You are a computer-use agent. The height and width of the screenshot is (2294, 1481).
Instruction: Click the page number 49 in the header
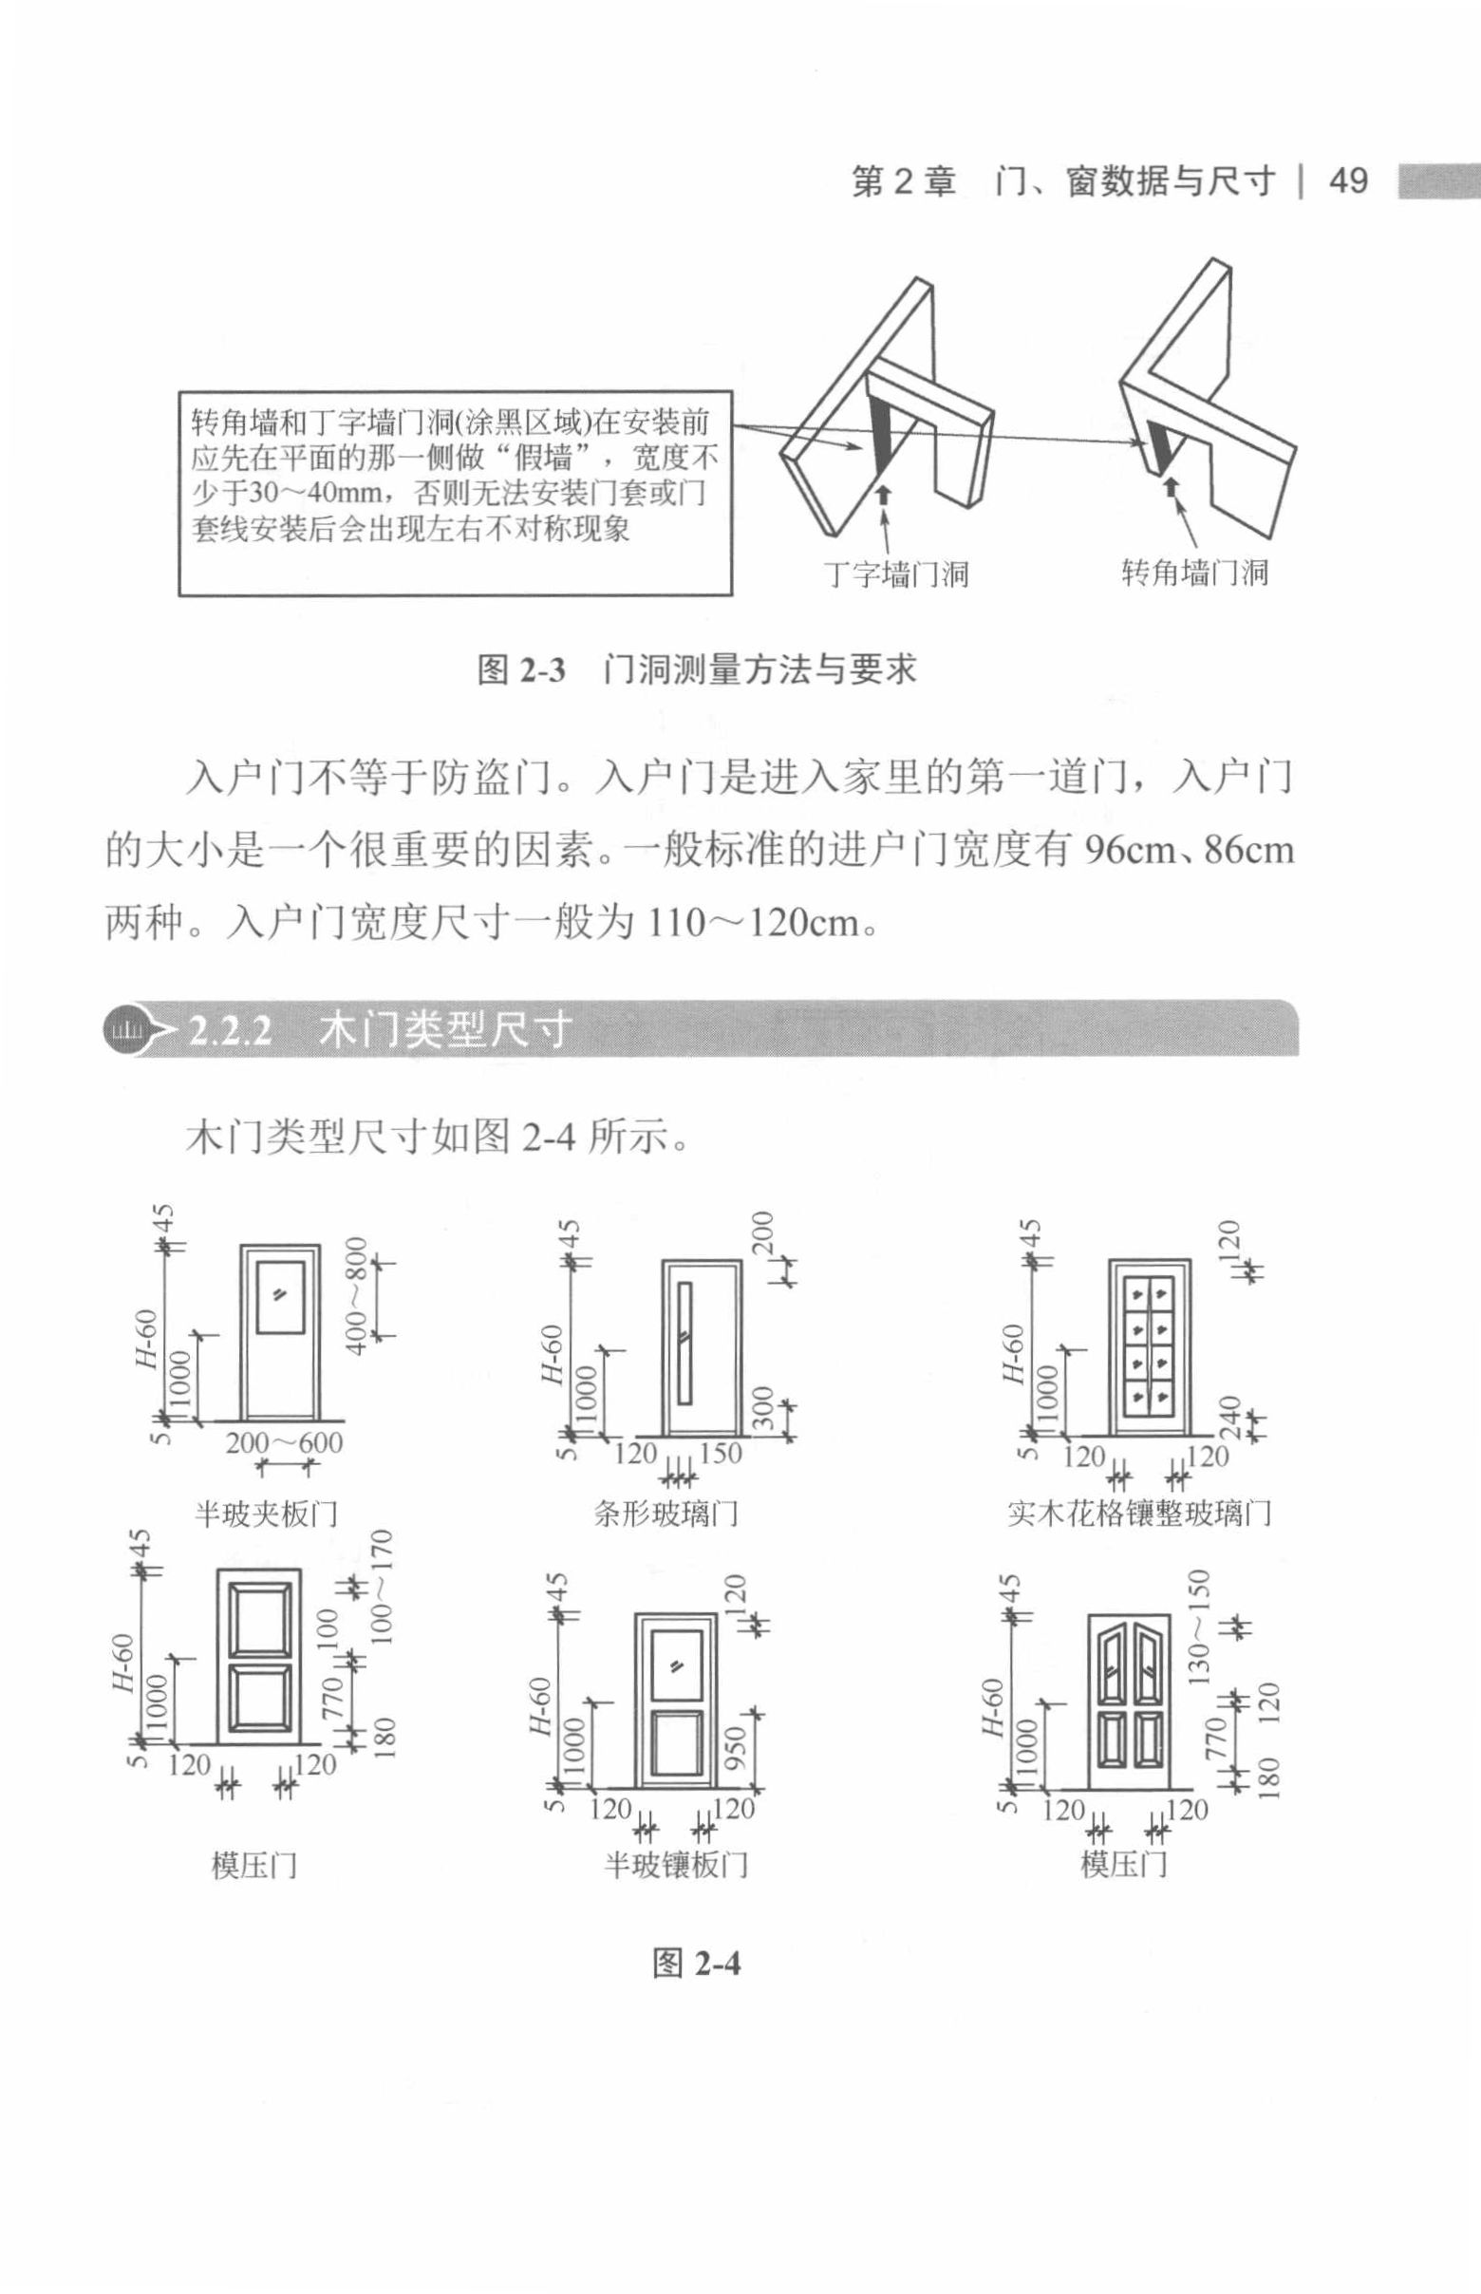tap(1347, 179)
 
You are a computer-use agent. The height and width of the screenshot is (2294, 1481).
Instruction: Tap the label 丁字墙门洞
tap(896, 574)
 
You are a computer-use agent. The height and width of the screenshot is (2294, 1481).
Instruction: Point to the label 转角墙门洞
tap(1195, 573)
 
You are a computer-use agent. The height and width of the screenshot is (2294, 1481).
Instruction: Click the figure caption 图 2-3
tap(521, 669)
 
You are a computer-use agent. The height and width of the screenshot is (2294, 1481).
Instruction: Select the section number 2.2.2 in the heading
tap(230, 1030)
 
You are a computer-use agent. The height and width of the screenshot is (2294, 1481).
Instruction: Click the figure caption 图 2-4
tap(696, 1963)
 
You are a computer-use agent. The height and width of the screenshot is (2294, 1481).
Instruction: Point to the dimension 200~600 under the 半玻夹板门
tap(284, 1442)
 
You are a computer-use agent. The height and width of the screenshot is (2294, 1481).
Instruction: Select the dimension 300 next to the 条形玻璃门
tap(761, 1409)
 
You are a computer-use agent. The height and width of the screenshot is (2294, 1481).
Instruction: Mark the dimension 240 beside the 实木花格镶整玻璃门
tap(1233, 1418)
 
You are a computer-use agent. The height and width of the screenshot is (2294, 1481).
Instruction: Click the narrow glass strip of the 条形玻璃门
tap(684, 1341)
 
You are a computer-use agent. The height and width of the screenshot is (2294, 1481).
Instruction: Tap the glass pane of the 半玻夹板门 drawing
tap(280, 1297)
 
